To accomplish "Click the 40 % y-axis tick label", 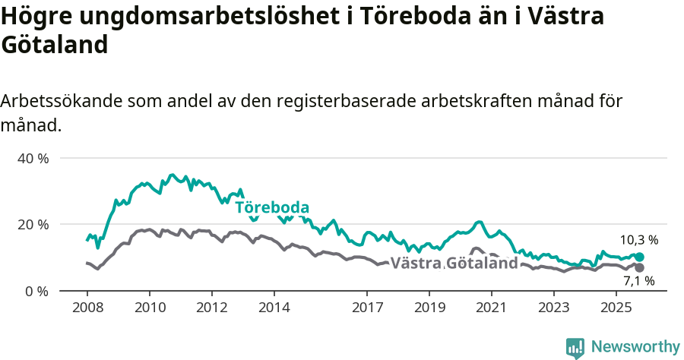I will coord(33,158).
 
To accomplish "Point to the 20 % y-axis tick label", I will coord(33,224).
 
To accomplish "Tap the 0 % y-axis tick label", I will coord(36,291).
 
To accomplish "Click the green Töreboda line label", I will coord(272,208).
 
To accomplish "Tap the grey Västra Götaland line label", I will coord(454,264).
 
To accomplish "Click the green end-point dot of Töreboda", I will coord(639,257).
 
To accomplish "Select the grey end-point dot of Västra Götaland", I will coord(639,268).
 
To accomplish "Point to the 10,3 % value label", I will coord(639,240).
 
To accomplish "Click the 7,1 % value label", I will coord(639,283).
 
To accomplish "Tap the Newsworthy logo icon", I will coord(575,348).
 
